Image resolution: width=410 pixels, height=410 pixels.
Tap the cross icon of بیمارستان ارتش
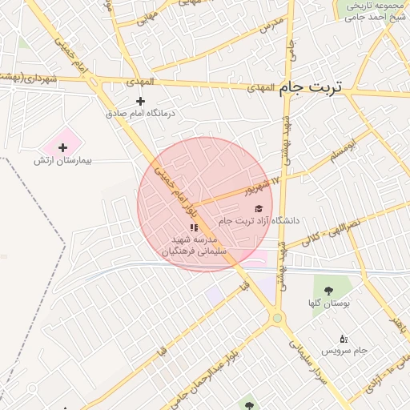click(x=62, y=147)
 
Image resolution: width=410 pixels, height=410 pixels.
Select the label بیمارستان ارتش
click(x=62, y=161)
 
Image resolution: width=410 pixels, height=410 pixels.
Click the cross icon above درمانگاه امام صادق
click(x=141, y=101)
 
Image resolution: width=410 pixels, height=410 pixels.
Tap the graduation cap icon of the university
click(x=258, y=208)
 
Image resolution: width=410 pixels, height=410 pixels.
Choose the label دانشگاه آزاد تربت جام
click(x=259, y=220)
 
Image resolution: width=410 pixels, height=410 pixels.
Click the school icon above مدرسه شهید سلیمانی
click(x=194, y=227)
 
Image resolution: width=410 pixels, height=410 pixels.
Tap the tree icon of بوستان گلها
click(x=327, y=289)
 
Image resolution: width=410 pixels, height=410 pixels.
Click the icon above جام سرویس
click(x=344, y=338)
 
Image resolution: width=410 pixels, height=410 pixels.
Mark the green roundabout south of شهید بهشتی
click(x=278, y=319)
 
